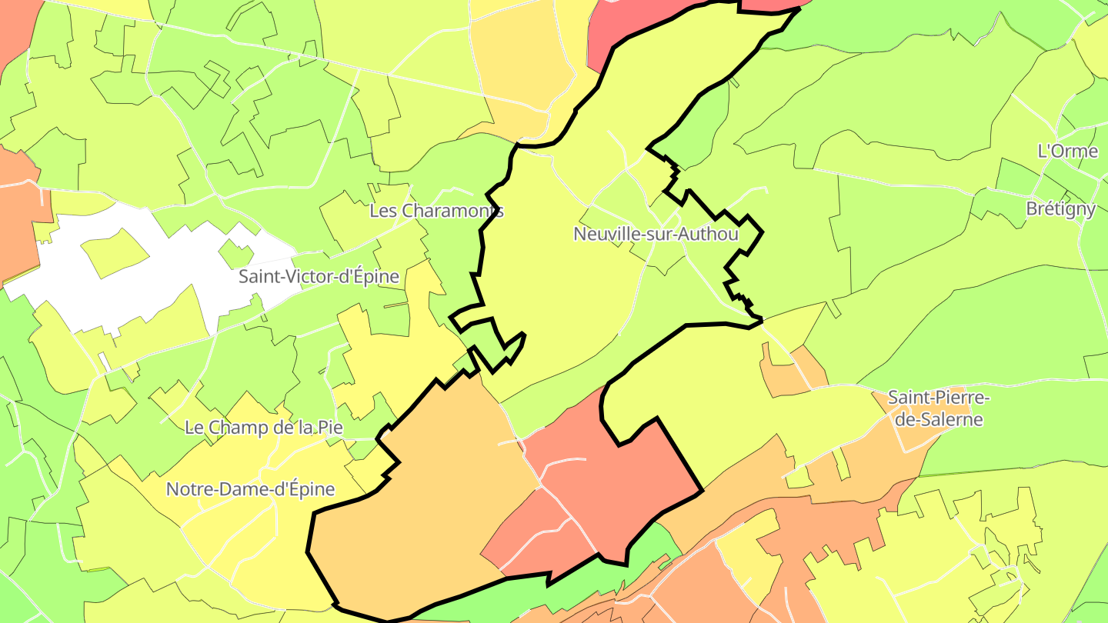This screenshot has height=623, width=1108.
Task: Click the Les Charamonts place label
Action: tap(436, 211)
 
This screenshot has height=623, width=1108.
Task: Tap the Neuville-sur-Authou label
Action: tap(656, 234)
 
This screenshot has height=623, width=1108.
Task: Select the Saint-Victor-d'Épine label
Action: tap(319, 277)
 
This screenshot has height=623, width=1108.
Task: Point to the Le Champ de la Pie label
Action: tap(264, 428)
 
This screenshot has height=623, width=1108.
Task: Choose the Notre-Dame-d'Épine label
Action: tap(251, 489)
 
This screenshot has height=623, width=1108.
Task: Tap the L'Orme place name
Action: tap(1067, 151)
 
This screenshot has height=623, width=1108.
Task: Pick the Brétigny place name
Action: tap(1060, 209)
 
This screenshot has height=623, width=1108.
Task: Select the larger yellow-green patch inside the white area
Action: tap(115, 252)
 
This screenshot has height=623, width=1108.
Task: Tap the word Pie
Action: tap(329, 428)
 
